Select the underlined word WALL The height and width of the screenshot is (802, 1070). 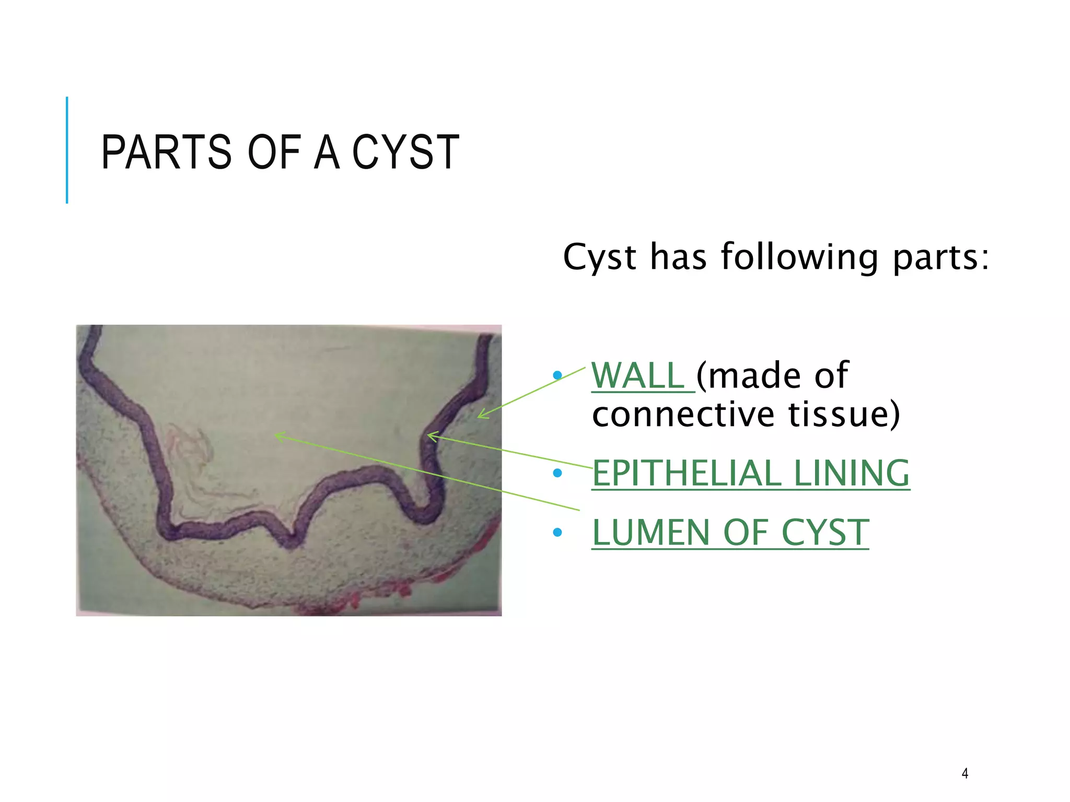(638, 375)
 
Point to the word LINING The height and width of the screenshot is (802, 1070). (852, 473)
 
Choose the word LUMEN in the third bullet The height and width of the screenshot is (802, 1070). (652, 533)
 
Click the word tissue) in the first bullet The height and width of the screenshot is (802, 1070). (844, 414)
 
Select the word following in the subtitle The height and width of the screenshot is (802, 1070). (799, 257)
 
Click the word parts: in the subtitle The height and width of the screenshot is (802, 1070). (940, 257)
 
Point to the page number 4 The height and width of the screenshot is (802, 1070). (965, 773)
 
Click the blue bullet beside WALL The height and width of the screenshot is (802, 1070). (557, 375)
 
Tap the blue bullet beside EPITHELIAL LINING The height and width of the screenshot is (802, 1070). (557, 473)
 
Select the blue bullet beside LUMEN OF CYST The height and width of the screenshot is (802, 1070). (557, 533)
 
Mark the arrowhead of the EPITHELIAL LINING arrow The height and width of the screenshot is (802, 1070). (429, 434)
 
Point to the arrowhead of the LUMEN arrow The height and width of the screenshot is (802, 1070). (276, 434)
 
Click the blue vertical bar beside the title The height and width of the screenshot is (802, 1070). (67, 150)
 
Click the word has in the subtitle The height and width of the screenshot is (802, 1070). (678, 257)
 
